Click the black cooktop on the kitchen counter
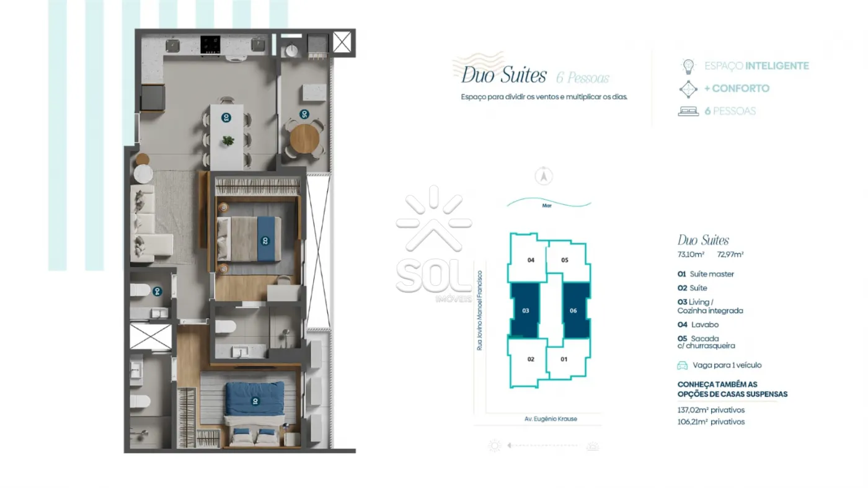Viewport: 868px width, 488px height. pos(210,45)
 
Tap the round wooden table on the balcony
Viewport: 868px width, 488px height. pos(304,139)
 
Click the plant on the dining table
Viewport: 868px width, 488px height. pos(228,140)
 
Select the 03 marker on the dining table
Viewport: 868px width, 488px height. pos(226,117)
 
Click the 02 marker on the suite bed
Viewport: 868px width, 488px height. pos(265,241)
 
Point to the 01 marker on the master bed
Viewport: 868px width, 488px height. pos(255,401)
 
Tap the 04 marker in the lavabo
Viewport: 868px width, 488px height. pos(157,291)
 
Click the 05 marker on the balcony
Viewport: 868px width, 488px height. pos(304,114)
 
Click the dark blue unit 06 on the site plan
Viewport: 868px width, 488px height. pos(576,310)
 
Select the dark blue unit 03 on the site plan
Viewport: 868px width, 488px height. pos(525,310)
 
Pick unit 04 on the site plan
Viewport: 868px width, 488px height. pos(528,258)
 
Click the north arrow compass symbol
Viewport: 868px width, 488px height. pos(544,176)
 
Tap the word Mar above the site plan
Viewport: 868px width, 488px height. pos(547,205)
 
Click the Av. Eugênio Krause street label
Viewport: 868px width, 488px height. pos(551,419)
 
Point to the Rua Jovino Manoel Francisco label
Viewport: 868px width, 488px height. pos(480,311)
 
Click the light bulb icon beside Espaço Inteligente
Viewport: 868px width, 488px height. pos(688,66)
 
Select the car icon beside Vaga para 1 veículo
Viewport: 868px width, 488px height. pos(683,365)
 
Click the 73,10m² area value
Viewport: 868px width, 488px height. pos(691,254)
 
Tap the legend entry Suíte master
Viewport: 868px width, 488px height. pos(712,274)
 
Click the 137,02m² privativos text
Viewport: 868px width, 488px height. pos(711,410)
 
